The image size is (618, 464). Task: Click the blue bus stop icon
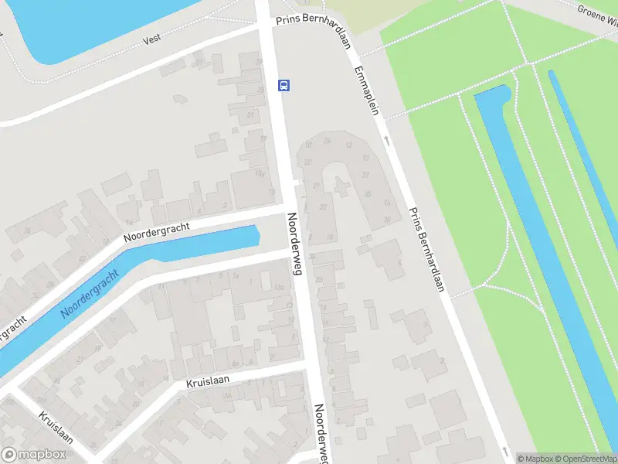point(284,85)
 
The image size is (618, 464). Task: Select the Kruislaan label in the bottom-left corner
point(56,427)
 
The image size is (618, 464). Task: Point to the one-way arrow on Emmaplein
point(386,142)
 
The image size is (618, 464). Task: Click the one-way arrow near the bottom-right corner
point(506,450)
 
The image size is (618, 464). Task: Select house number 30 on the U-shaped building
point(385,220)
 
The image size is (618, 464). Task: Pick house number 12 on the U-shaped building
point(348,145)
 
